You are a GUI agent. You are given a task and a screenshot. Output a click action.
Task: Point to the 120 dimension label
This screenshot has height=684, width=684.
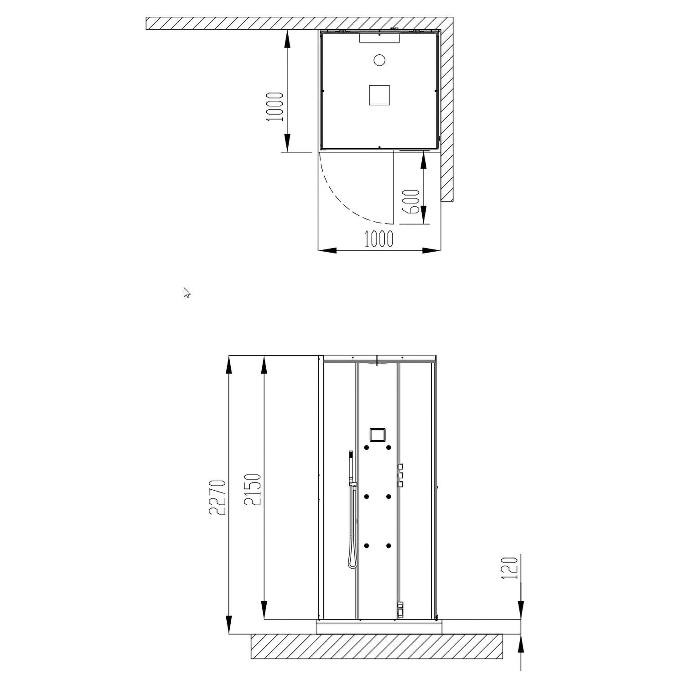(x=510, y=568)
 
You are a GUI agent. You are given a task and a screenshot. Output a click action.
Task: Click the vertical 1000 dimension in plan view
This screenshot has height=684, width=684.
(x=275, y=107)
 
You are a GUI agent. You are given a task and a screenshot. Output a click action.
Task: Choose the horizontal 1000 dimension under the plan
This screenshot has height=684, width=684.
(x=379, y=238)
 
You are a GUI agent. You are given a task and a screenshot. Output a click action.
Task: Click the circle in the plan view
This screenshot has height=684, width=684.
(x=379, y=60)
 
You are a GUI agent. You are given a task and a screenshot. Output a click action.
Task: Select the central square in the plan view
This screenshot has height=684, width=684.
(x=379, y=95)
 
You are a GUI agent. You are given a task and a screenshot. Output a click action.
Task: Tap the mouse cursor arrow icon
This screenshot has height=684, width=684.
(x=187, y=293)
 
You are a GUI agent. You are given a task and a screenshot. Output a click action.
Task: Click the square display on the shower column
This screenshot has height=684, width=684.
(x=377, y=435)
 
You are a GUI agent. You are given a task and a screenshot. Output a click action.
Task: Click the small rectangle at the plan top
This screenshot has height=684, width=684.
(x=379, y=38)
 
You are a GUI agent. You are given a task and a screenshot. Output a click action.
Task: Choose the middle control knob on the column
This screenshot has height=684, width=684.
(x=400, y=476)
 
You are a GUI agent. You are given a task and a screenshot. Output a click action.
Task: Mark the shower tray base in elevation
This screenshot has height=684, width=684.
(x=379, y=627)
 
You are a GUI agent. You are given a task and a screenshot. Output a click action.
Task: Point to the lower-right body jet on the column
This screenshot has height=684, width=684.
(x=388, y=545)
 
